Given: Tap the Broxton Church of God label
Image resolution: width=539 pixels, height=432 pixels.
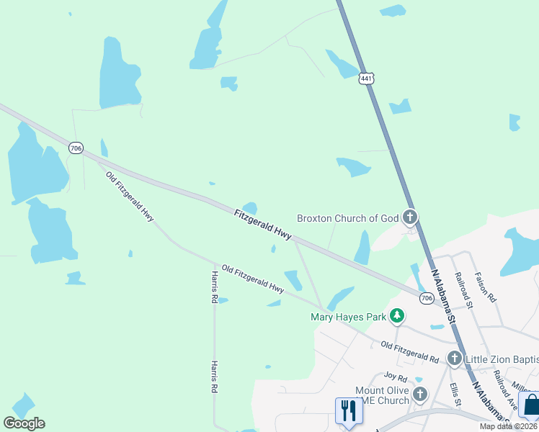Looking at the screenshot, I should [348, 218].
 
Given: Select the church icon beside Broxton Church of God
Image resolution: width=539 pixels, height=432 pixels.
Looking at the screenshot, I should [410, 216].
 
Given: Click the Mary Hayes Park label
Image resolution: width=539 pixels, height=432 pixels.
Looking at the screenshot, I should [348, 316].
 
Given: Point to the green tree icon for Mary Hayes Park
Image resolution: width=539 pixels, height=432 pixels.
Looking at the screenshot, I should [396, 315].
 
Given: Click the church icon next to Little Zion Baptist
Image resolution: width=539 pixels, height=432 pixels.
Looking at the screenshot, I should [455, 358].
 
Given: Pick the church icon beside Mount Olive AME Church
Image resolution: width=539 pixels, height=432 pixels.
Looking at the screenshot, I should [419, 394].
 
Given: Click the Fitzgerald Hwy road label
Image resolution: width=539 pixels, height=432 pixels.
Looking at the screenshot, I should [263, 225].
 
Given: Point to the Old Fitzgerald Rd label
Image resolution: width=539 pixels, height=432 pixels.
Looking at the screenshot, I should [409, 351].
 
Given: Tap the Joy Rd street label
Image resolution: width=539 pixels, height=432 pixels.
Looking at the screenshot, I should [396, 377].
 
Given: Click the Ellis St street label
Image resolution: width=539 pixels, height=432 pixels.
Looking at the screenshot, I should [455, 395].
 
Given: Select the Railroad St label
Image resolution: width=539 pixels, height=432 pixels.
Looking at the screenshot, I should [462, 290].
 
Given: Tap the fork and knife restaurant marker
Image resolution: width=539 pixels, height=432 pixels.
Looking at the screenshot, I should [348, 411].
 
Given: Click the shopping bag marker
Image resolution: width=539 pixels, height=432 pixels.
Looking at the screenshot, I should [530, 405].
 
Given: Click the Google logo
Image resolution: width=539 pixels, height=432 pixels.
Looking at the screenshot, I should [24, 423].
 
